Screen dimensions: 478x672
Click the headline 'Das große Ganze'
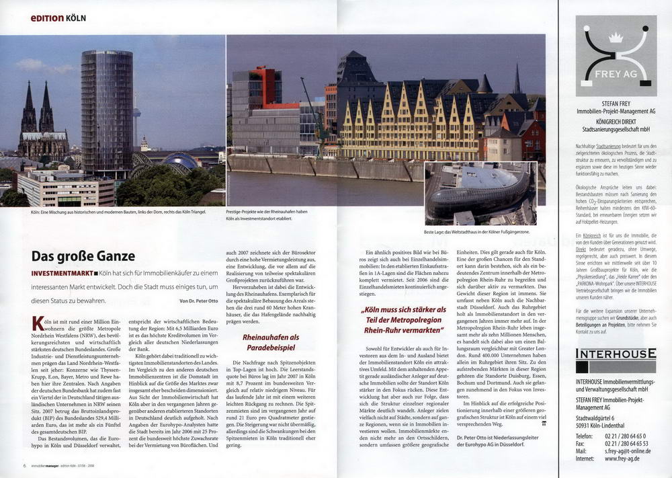pyautogui.click(x=83, y=256)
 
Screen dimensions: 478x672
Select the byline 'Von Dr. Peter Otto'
pyautogui.click(x=198, y=300)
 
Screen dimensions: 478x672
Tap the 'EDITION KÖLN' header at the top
pyautogui.click(x=58, y=17)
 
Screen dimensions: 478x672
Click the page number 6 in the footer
pyautogui.click(x=24, y=465)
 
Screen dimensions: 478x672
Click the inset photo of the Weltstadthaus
pyautogui.click(x=480, y=193)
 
